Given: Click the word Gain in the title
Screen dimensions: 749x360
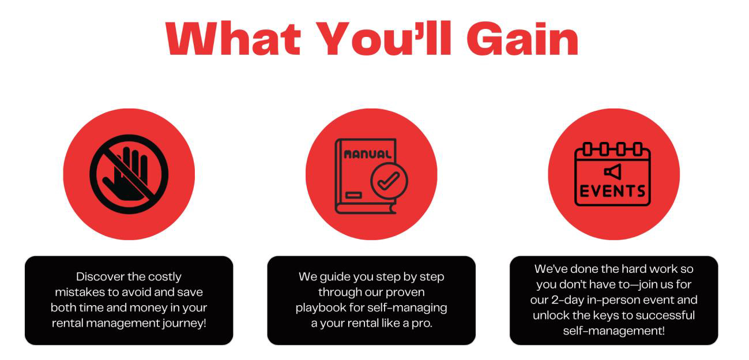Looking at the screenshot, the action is [x=522, y=38].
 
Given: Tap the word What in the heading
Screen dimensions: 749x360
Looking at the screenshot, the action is [x=233, y=38].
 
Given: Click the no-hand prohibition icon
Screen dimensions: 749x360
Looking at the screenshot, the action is [x=129, y=174].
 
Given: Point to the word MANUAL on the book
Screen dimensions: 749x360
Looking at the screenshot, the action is [x=367, y=154].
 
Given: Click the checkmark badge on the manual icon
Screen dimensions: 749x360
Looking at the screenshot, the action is [x=389, y=181].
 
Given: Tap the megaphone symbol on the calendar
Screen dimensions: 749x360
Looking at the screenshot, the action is [x=612, y=172].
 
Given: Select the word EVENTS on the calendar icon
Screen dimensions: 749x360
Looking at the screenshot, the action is [x=612, y=192].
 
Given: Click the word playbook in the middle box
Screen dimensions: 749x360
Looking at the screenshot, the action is [x=321, y=308].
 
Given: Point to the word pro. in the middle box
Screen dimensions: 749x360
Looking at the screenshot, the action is [x=422, y=324].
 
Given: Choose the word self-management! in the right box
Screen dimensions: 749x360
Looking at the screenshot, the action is [x=614, y=331].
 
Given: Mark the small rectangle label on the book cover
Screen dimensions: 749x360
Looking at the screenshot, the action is [x=353, y=195].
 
